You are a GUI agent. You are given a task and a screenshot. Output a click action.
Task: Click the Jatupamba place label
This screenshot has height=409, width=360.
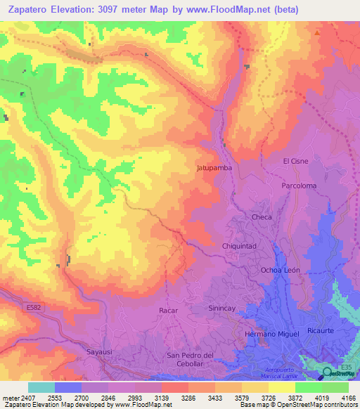click(x=214, y=169)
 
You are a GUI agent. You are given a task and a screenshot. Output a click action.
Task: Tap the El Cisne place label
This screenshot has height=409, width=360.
click(x=295, y=161)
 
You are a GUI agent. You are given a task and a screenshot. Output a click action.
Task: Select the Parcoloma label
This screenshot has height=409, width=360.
click(x=299, y=186)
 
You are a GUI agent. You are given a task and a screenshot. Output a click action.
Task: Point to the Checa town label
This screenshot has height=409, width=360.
click(x=262, y=217)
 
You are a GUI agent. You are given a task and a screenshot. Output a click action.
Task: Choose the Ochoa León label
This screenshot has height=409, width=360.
click(x=281, y=270)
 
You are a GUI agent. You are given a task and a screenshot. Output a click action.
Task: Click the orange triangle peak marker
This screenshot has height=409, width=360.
click(x=319, y=32)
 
